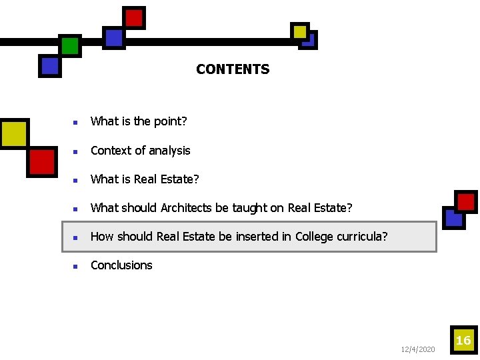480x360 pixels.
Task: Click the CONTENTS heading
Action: (x=233, y=69)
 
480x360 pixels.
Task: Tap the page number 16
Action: (x=463, y=341)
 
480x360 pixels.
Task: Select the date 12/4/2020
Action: (x=418, y=349)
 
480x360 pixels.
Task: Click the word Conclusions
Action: (x=121, y=265)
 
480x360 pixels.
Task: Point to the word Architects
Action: (x=186, y=208)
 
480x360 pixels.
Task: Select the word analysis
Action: (x=169, y=151)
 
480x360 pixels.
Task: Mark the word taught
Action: (x=249, y=208)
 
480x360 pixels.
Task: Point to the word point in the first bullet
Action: (x=170, y=121)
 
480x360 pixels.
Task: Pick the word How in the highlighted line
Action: (x=102, y=237)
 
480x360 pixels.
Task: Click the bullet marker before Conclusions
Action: (x=76, y=266)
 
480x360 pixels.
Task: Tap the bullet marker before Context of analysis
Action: (x=76, y=151)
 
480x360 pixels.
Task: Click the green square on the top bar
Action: (x=70, y=46)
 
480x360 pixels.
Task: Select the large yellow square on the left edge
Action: (x=13, y=134)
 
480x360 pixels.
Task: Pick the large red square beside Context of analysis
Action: (x=41, y=162)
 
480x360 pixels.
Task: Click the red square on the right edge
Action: (x=466, y=201)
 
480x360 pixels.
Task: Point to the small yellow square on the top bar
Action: (x=300, y=31)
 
